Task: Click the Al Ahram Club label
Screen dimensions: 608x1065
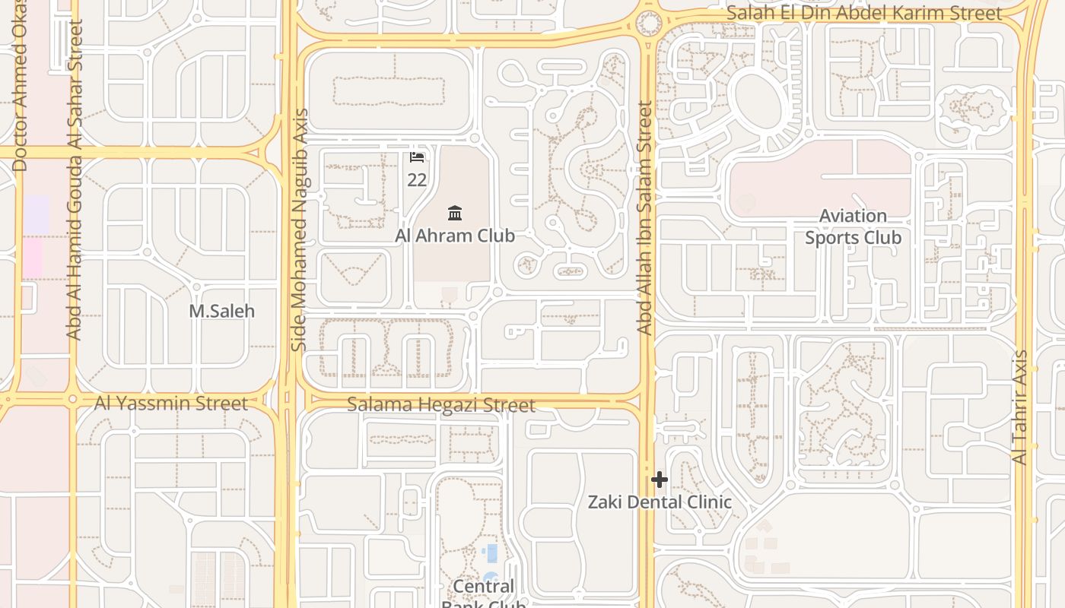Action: coord(455,236)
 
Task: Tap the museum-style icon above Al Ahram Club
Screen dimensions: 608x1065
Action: coord(455,212)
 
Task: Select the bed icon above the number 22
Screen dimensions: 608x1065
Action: coord(417,157)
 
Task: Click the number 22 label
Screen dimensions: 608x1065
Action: coord(417,180)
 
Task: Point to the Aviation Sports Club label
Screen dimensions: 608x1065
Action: coord(853,226)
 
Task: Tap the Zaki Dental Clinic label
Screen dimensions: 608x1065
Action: coord(660,502)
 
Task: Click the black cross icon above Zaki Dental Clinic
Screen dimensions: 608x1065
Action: coord(660,480)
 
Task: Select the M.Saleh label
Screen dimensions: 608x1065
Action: coord(221,311)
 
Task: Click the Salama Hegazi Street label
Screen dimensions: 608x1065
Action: coord(441,404)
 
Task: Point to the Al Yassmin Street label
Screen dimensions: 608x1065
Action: coord(171,403)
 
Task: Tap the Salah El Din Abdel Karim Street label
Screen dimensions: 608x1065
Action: coord(864,13)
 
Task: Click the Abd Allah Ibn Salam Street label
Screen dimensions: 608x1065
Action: coord(644,219)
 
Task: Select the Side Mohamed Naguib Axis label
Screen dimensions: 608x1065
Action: coord(300,230)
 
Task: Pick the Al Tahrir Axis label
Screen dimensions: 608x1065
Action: coord(1020,407)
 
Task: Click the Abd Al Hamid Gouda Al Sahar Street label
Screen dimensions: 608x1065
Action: coord(74,179)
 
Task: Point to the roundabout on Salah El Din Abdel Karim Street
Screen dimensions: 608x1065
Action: coord(649,23)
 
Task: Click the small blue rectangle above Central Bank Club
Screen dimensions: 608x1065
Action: coord(491,553)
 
